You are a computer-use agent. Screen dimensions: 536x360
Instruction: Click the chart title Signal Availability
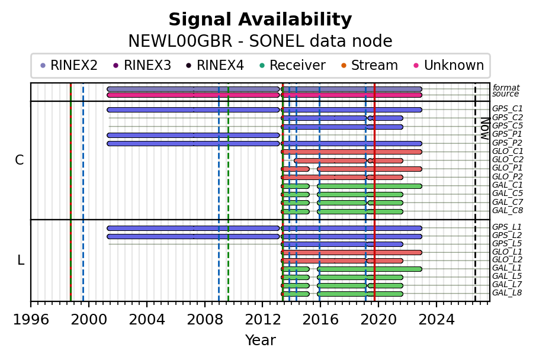[x=260, y=20]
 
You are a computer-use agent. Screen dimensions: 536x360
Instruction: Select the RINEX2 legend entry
[x=69, y=65]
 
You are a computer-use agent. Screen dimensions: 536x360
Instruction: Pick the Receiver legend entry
[x=293, y=65]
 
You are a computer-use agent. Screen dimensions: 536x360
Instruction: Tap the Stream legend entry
[x=370, y=65]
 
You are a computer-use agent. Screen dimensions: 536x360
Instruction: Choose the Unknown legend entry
[x=449, y=65]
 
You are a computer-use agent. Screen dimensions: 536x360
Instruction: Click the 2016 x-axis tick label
[x=320, y=320]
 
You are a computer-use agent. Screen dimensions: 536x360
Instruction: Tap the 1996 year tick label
[x=31, y=320]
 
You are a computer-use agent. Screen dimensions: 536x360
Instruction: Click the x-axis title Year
[x=260, y=340]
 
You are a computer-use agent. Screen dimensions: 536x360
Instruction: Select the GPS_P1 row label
[x=508, y=134]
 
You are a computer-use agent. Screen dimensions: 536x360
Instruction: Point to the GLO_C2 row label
[x=508, y=160]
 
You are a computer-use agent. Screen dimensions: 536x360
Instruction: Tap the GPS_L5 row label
[x=507, y=244]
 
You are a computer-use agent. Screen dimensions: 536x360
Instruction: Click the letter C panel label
[x=20, y=160]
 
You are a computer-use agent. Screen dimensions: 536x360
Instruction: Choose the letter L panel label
[x=21, y=261]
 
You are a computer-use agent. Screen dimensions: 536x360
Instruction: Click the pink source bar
[x=264, y=95]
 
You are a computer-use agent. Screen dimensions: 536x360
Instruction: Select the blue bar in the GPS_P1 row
[x=193, y=136]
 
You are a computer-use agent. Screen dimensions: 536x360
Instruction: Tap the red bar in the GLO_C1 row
[x=351, y=152]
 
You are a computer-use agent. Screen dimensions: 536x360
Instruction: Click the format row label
[x=506, y=88]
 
